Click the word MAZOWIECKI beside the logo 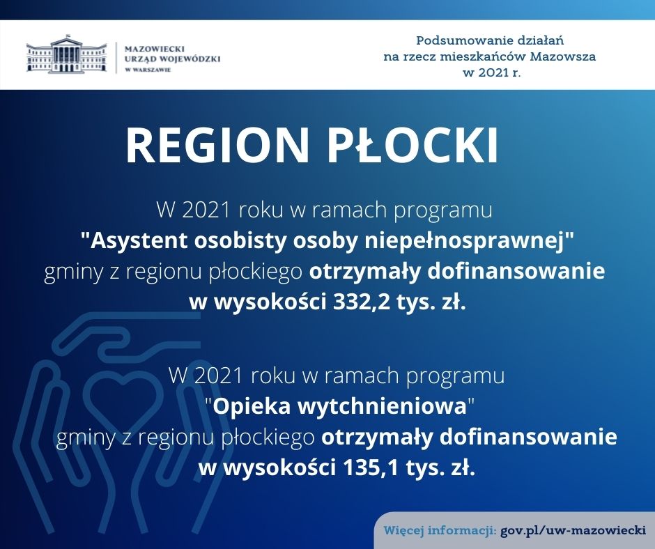[x=155, y=49]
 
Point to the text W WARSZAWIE [x=148, y=70]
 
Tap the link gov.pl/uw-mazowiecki [x=573, y=531]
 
